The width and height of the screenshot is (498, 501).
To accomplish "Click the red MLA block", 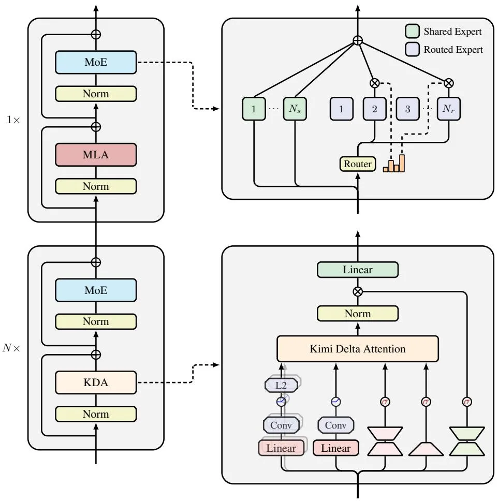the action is pyautogui.click(x=96, y=155).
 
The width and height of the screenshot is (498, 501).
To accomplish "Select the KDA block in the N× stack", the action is pyautogui.click(x=96, y=382).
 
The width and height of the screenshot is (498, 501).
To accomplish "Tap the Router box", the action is pyautogui.click(x=357, y=164).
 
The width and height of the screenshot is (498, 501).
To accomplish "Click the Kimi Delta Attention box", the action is pyautogui.click(x=357, y=349).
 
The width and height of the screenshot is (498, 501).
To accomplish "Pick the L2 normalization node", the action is pyautogui.click(x=281, y=386).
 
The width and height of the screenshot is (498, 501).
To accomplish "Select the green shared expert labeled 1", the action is pyautogui.click(x=254, y=109).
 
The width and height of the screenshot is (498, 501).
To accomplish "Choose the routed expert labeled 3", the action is pyautogui.click(x=407, y=109).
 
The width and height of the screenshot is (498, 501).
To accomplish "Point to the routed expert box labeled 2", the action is pyautogui.click(x=375, y=109).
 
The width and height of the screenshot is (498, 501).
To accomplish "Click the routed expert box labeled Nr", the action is pyautogui.click(x=448, y=109).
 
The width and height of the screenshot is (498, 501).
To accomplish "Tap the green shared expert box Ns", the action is pyautogui.click(x=295, y=109).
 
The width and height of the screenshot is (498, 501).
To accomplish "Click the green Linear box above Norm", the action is pyautogui.click(x=357, y=270).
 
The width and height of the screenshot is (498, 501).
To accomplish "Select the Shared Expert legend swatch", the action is pyautogui.click(x=413, y=31).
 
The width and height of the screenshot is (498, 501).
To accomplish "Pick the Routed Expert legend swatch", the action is pyautogui.click(x=413, y=49).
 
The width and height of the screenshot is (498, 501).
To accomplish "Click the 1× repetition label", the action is pyautogui.click(x=13, y=120).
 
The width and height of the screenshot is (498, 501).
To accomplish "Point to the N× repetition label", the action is pyautogui.click(x=11, y=348).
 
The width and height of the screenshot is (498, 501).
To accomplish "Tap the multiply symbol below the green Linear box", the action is pyautogui.click(x=358, y=291).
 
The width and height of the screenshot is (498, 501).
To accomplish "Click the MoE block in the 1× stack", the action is pyautogui.click(x=96, y=62).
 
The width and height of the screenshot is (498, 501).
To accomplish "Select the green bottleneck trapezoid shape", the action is pyautogui.click(x=467, y=441).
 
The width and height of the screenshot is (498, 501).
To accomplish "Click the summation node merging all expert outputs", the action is pyautogui.click(x=358, y=40).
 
